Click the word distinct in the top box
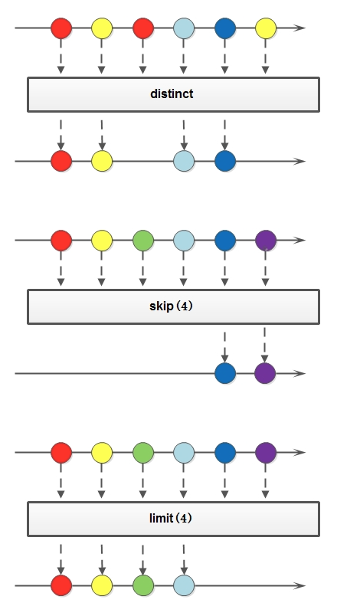tap(172, 94)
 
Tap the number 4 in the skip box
tap(185, 306)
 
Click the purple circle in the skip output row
tap(265, 373)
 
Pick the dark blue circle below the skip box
tap(225, 373)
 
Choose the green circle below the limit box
tap(143, 585)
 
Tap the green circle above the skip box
tap(143, 241)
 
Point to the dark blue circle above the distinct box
tap(225, 28)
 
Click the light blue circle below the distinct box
tap(184, 161)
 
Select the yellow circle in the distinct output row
tap(102, 161)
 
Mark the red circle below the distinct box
tap(61, 161)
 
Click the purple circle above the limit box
tap(266, 453)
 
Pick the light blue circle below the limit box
tap(184, 585)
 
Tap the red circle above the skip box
tap(61, 241)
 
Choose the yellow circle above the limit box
tap(102, 453)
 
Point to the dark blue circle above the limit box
tap(225, 453)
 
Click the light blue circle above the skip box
tap(184, 241)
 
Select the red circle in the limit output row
tap(61, 585)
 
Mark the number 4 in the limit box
tap(184, 518)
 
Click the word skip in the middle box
tap(162, 306)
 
